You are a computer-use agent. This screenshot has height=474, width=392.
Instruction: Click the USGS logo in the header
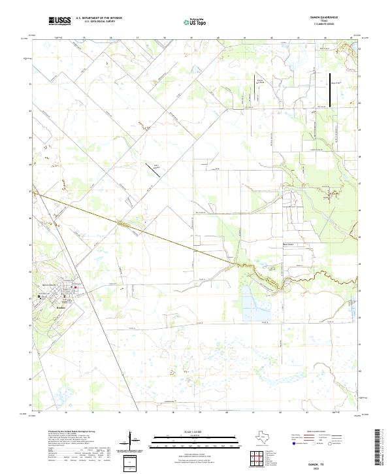tap(59, 21)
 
